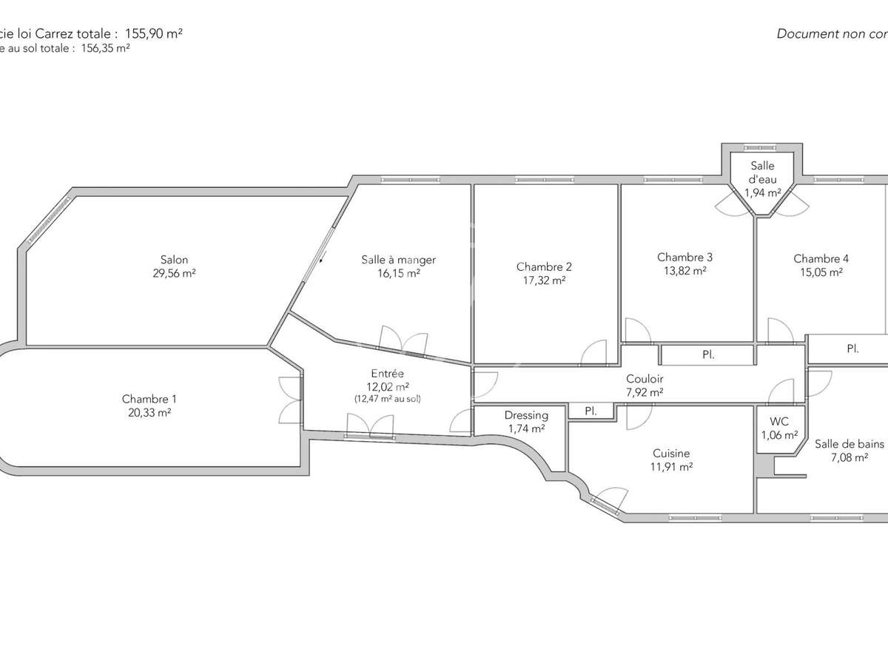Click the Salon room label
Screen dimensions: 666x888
[x=174, y=260]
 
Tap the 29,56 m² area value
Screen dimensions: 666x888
[x=174, y=272]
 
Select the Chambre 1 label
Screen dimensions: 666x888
[x=147, y=400]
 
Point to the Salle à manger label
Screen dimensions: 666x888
[x=398, y=260]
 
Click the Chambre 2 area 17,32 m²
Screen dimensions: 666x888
[x=544, y=280]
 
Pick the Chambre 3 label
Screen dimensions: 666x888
[x=684, y=258]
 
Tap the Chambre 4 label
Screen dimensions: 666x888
[x=821, y=259]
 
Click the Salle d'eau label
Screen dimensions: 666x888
[x=762, y=172]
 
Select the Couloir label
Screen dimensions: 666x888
[x=645, y=380]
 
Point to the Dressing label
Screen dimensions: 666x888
[x=526, y=416]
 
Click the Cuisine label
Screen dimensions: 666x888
[x=671, y=454]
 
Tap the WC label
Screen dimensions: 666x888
[x=780, y=422]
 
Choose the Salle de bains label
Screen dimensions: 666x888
[x=849, y=445]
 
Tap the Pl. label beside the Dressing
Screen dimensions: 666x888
[x=591, y=411]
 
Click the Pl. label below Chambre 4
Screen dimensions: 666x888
[x=852, y=349]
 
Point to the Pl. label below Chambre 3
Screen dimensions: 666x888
[x=708, y=355]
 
